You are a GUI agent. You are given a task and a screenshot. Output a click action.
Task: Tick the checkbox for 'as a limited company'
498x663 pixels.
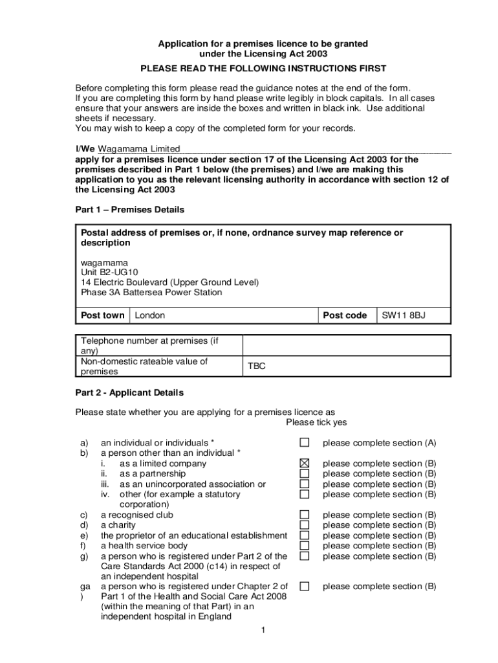click(305, 464)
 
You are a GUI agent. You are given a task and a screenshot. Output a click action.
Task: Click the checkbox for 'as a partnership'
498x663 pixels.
click(305, 474)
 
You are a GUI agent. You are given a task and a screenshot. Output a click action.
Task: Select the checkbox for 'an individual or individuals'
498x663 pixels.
click(305, 443)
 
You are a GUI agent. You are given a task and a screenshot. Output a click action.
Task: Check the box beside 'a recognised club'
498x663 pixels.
click(305, 515)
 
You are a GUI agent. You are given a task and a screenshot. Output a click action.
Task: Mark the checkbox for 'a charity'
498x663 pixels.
click(305, 525)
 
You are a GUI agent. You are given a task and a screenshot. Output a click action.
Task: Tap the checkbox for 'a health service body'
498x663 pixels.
click(305, 546)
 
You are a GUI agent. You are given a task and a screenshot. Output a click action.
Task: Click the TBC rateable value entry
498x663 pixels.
click(257, 366)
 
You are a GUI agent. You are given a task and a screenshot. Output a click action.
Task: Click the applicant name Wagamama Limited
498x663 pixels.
click(138, 149)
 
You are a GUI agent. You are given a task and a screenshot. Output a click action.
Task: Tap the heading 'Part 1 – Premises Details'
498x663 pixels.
click(130, 210)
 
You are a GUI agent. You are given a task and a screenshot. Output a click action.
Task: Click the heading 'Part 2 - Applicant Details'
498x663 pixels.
click(129, 393)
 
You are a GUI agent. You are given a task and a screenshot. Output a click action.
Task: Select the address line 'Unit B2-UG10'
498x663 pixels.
click(109, 273)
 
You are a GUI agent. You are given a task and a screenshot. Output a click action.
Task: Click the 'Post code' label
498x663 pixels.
click(345, 315)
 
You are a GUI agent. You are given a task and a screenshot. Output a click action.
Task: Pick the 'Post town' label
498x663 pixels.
click(103, 315)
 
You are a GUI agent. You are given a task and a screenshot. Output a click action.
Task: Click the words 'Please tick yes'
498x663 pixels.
click(316, 423)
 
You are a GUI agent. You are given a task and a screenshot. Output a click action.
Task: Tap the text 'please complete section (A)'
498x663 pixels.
click(380, 444)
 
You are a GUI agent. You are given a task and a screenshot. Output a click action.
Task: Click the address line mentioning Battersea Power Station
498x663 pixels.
click(151, 293)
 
